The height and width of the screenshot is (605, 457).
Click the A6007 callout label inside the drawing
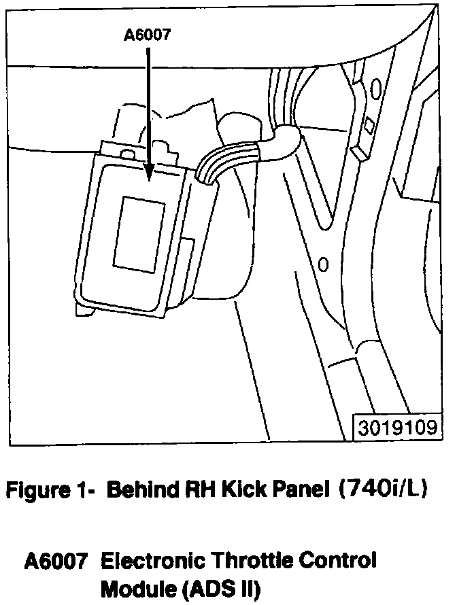pyautogui.click(x=147, y=36)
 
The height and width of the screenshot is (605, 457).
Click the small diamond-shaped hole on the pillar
pyautogui.click(x=369, y=124)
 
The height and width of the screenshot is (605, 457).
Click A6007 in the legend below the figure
pyautogui.click(x=55, y=561)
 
